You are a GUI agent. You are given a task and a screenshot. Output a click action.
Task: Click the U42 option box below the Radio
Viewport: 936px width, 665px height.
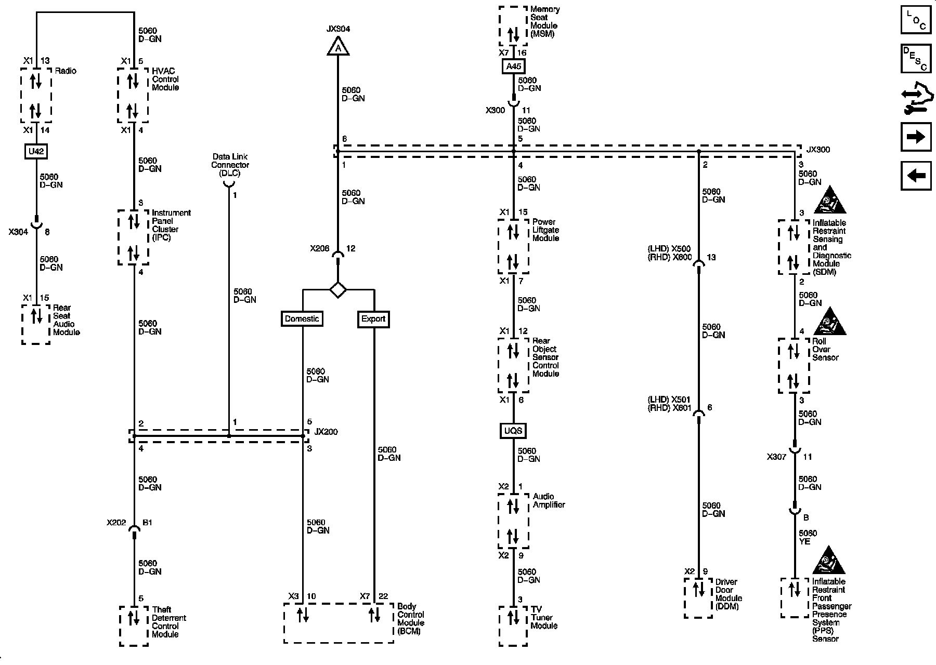tap(36, 152)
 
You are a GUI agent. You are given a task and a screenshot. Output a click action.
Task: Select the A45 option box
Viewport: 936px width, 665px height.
tap(513, 66)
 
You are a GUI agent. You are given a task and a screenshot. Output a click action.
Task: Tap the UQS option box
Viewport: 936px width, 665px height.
tap(513, 431)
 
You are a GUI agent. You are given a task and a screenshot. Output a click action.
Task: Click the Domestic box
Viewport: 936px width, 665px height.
tap(302, 318)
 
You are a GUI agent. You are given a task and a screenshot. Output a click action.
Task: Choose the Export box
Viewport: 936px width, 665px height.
tap(373, 319)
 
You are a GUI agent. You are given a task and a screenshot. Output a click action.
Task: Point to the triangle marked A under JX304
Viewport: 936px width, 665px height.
tap(338, 47)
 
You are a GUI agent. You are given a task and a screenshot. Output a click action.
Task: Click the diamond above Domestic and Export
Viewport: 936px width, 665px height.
tap(338, 289)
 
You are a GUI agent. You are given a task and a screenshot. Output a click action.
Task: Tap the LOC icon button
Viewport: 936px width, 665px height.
tap(916, 20)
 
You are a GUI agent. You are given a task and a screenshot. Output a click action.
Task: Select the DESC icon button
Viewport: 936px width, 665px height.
tap(916, 59)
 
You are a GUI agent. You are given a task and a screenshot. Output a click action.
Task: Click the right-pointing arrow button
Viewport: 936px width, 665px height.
tap(916, 137)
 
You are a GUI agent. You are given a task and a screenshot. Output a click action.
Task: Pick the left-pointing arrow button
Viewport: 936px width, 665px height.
tap(916, 176)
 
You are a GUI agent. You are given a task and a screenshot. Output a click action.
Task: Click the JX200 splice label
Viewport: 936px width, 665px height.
tap(326, 432)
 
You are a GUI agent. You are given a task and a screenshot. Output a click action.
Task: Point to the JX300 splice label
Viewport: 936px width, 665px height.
tap(818, 150)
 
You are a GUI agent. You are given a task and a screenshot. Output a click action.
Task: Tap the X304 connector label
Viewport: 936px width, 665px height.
tap(18, 232)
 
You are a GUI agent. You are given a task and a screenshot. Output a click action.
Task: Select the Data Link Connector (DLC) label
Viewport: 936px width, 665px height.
tap(230, 165)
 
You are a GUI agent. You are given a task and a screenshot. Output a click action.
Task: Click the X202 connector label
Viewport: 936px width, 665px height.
tap(116, 523)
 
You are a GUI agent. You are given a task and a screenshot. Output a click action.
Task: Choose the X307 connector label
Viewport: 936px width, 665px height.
tap(776, 457)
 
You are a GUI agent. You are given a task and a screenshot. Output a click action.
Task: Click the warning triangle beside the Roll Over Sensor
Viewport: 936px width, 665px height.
tap(829, 322)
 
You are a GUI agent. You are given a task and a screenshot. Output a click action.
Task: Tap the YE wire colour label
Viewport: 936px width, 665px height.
tap(804, 541)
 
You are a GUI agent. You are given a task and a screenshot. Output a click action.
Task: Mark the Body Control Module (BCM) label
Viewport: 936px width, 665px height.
tap(411, 619)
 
